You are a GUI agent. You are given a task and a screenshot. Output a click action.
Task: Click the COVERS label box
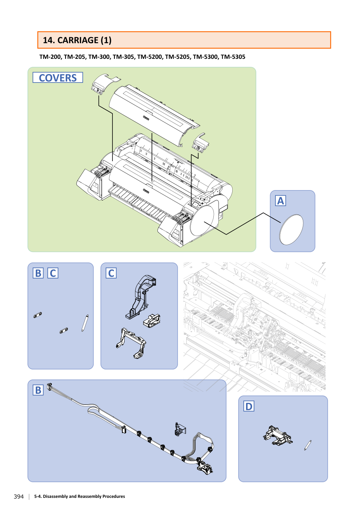pos(58,78)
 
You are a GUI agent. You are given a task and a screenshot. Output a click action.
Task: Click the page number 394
pos(19,496)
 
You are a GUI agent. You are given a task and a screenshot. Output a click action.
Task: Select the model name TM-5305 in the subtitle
pos(233,57)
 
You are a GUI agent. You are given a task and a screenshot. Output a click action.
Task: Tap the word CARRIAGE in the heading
pos(78,40)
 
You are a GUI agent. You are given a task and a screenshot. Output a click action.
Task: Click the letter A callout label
pos(281,201)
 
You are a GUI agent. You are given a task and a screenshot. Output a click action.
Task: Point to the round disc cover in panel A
pos(291,229)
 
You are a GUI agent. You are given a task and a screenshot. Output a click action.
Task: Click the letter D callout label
pos(249,406)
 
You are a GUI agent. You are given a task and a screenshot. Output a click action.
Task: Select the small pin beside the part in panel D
pos(308,445)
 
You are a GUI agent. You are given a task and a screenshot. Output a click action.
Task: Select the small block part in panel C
pos(151,321)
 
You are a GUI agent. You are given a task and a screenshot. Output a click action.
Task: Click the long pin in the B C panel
pos(85,323)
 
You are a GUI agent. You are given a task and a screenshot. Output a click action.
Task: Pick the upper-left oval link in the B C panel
pos(38,315)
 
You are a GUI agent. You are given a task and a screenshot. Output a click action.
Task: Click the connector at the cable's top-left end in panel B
pos(49,386)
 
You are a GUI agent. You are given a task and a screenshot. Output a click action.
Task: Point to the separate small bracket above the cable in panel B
pos(180,429)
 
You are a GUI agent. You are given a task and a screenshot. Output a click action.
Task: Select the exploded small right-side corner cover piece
pos(201,142)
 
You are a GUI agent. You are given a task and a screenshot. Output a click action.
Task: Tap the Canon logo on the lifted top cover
pos(146,118)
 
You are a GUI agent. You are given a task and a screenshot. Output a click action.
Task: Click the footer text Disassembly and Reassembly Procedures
pos(84,496)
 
